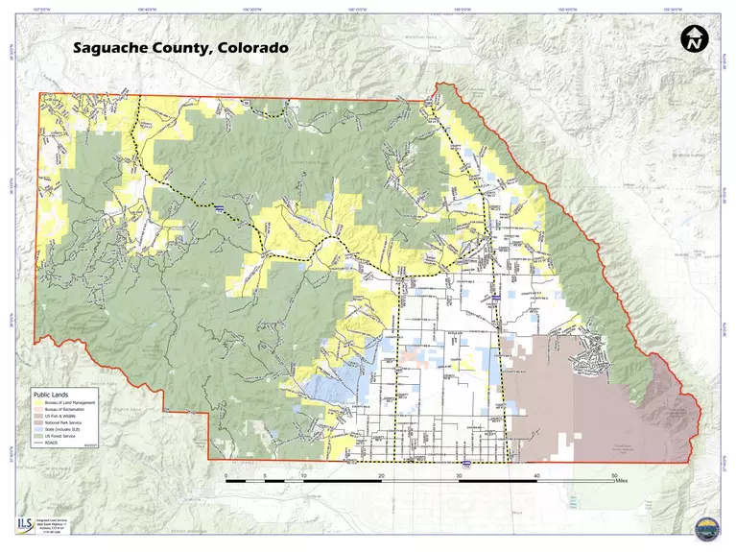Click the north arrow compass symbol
pyautogui.click(x=694, y=39)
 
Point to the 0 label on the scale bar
pyautogui.click(x=226, y=475)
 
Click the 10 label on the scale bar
pyautogui.click(x=304, y=475)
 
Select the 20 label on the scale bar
pyautogui.click(x=382, y=475)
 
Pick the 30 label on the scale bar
pyautogui.click(x=460, y=475)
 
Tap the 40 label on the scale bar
pyautogui.click(x=537, y=475)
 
